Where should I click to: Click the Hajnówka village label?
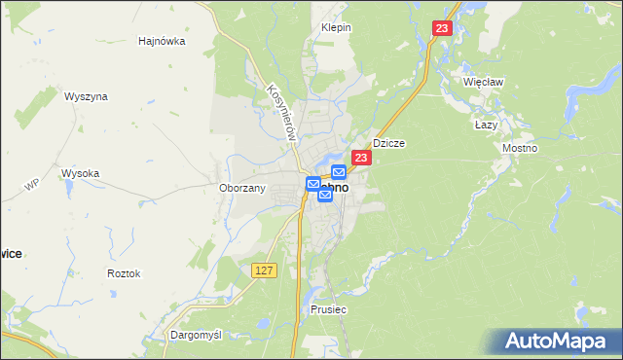(162, 41)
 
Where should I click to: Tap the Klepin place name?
(336, 27)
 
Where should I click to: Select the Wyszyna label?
(86, 96)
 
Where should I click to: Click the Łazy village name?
(486, 126)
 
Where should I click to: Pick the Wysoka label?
(81, 173)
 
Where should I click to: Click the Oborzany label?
(242, 188)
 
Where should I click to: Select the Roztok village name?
(124, 273)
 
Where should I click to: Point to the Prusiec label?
(329, 308)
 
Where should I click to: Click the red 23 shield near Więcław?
(444, 30)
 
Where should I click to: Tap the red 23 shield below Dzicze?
(361, 158)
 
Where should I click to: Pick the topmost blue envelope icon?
(338, 172)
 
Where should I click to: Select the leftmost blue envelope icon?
(313, 183)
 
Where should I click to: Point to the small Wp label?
(31, 184)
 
